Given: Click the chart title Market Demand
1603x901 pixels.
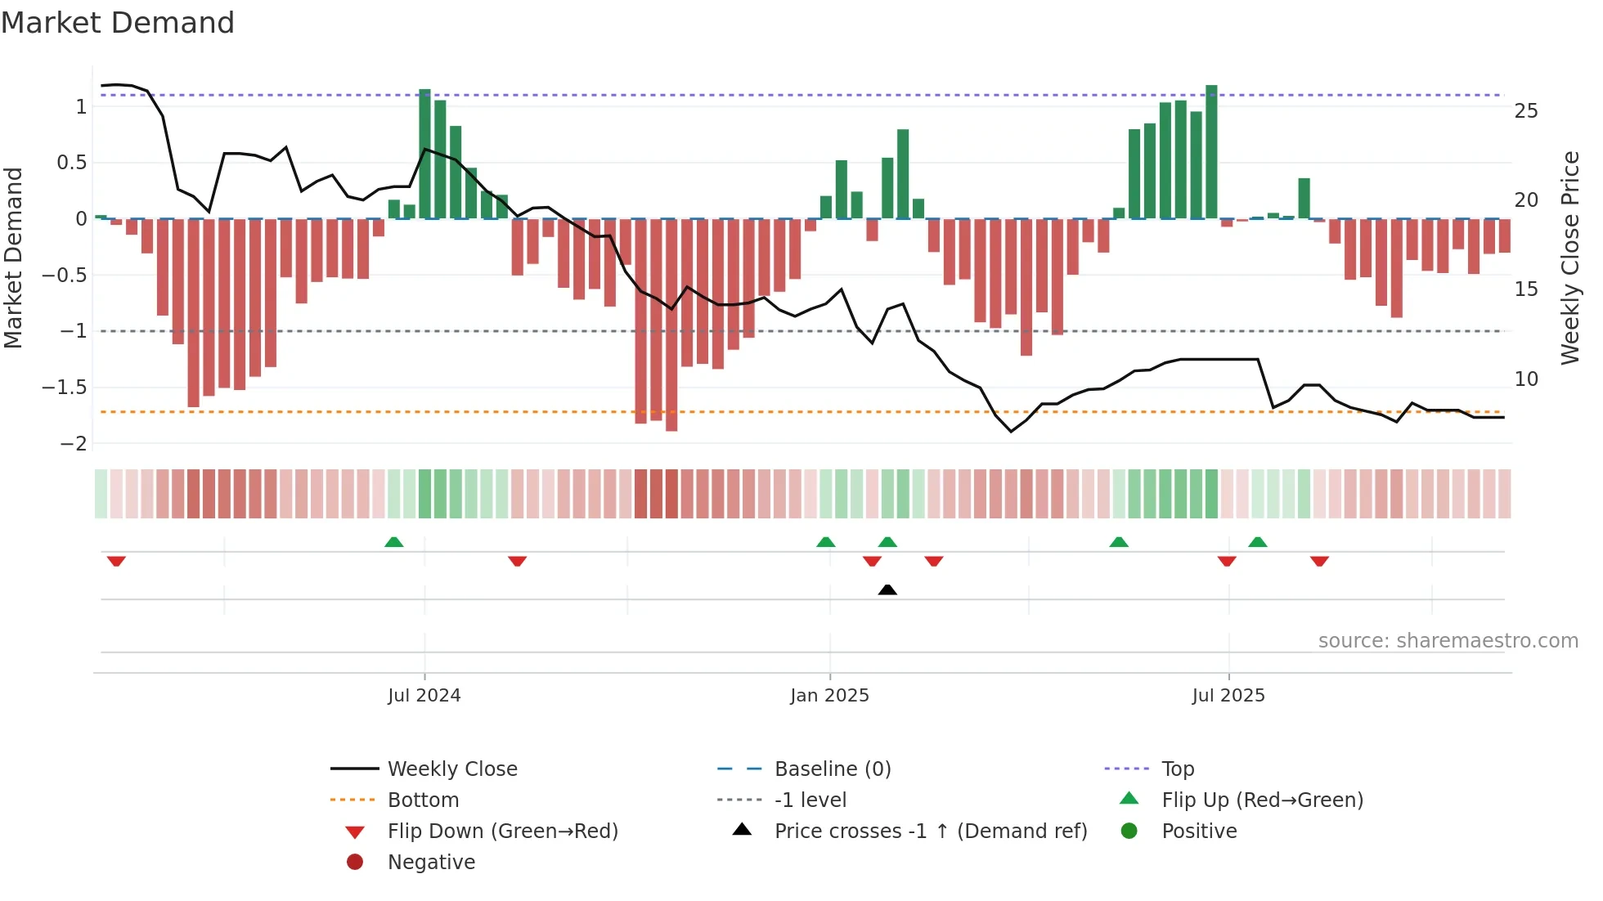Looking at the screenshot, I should (x=118, y=23).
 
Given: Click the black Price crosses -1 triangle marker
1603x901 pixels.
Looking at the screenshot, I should (x=887, y=589).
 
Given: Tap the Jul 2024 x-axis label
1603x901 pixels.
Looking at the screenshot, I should (x=424, y=696).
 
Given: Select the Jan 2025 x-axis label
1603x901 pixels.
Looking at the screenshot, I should (x=829, y=696).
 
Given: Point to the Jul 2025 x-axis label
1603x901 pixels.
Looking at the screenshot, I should (x=1228, y=696).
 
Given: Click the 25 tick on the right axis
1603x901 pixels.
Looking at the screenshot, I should (x=1526, y=111).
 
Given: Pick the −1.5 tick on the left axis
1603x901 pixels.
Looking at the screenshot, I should (x=64, y=388).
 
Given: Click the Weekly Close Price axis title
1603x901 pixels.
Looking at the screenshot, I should (x=1570, y=258).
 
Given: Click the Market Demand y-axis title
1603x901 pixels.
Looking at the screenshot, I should (x=13, y=258).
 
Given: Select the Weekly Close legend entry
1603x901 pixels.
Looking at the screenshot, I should (x=451, y=769).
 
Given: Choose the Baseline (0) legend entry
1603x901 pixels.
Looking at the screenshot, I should (x=832, y=769).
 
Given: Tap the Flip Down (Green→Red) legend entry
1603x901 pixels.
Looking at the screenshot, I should (x=502, y=832).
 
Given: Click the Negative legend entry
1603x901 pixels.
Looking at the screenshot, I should (x=431, y=863).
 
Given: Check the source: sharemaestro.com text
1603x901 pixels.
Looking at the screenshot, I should (x=1448, y=641).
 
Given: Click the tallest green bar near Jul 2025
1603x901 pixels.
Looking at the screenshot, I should (x=1211, y=151).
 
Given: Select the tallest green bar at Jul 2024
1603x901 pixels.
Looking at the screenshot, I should (x=424, y=154).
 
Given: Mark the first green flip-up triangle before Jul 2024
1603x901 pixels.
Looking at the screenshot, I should (x=394, y=542).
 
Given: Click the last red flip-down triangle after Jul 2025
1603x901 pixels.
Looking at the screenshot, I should (x=1319, y=561).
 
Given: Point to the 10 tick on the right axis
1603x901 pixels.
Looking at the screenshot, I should (x=1526, y=379).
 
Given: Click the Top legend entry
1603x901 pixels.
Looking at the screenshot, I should (x=1178, y=769).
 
